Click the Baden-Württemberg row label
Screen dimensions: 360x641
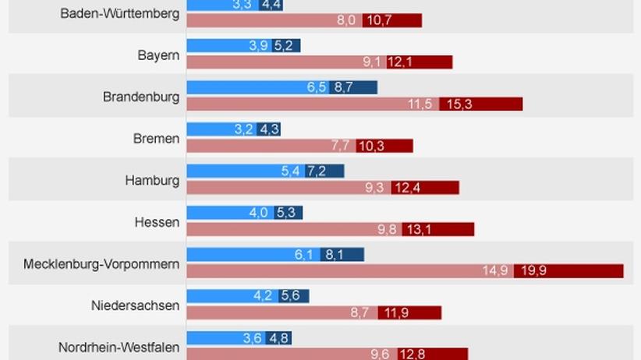pos(119,14)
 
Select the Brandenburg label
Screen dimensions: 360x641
pos(141,97)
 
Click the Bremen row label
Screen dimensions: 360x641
pos(156,139)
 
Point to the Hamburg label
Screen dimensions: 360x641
pos(152,181)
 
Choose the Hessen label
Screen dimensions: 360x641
pos(157,222)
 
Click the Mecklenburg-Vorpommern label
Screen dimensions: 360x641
pos(101,264)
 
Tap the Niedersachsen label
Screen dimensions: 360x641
pos(135,305)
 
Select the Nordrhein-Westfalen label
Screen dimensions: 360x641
pos(119,348)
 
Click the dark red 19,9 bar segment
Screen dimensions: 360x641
pos(568,270)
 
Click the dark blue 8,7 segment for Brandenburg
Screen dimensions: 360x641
pos(352,87)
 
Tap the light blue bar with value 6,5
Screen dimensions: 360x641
pos(257,87)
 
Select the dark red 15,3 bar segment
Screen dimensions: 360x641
pos(480,104)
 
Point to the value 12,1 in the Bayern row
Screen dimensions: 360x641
pos(426,62)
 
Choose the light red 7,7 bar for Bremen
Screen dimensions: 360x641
pos(271,146)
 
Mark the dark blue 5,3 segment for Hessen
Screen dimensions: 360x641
pos(288,212)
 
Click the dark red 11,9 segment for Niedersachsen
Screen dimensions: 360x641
pos(409,312)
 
